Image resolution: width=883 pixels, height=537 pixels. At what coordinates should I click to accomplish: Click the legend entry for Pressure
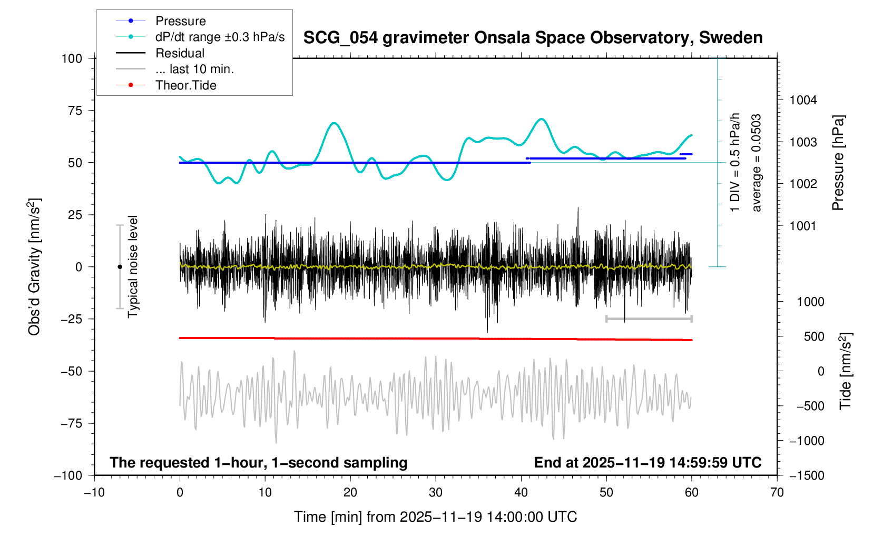click(180, 21)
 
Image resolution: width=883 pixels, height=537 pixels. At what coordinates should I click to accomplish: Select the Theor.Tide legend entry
click(185, 85)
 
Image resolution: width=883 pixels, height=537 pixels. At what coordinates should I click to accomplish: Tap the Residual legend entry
click(180, 53)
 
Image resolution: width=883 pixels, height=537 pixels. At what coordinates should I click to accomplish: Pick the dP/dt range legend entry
click(220, 37)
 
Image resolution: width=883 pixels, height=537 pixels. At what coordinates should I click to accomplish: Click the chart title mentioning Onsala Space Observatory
click(533, 38)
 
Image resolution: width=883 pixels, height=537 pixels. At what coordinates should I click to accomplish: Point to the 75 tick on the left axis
click(72, 111)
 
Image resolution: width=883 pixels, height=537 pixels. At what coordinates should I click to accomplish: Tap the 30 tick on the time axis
click(435, 492)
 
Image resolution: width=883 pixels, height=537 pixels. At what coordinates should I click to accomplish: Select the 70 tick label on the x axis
click(777, 492)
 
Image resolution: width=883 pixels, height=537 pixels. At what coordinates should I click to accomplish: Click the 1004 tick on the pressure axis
click(803, 100)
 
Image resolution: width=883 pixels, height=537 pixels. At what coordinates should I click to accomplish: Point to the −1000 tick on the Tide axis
click(807, 441)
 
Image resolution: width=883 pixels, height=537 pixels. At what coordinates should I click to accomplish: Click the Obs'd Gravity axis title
click(34, 267)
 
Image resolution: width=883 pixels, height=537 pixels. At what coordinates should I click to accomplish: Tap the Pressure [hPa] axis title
click(838, 163)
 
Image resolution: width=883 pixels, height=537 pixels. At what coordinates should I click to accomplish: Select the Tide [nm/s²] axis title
click(846, 371)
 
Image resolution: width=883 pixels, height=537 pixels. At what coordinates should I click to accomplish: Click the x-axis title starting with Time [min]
click(435, 517)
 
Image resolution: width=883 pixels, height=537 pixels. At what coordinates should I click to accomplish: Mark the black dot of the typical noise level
click(120, 267)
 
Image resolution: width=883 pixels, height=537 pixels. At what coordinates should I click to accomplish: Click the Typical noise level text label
click(133, 267)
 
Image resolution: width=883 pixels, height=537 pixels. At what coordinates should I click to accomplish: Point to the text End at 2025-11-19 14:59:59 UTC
click(647, 463)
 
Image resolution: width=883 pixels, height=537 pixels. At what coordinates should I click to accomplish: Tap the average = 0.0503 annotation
click(757, 163)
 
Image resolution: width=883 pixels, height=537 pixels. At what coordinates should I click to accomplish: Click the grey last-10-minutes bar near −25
click(649, 319)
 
